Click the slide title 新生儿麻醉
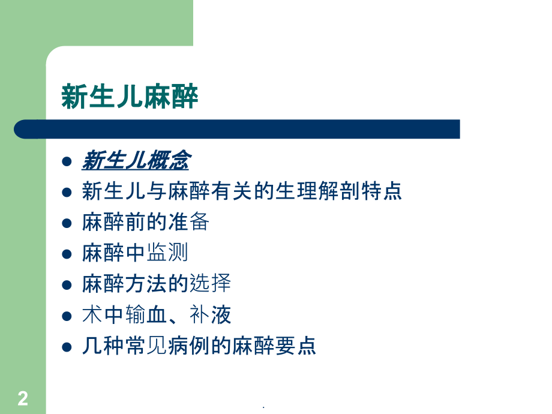pos(130,97)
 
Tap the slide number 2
pos(23,398)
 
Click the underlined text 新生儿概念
pos(136,161)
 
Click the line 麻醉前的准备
pos(145,223)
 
